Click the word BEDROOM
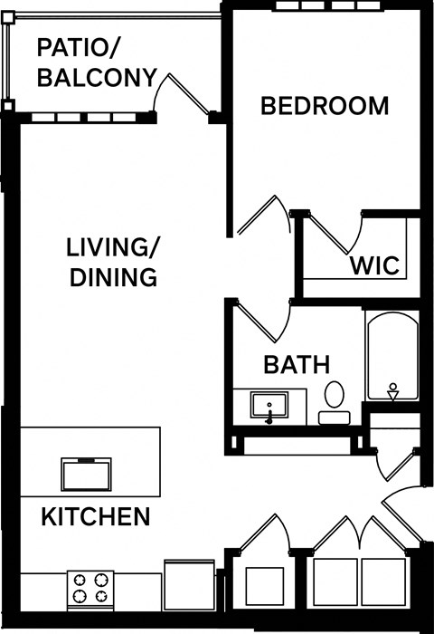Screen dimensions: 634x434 click(x=325, y=106)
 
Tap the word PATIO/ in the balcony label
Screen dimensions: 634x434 click(x=80, y=47)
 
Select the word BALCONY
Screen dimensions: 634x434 click(x=97, y=78)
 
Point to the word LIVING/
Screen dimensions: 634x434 click(x=113, y=246)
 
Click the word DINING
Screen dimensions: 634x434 click(x=113, y=277)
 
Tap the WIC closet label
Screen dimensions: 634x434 click(x=374, y=266)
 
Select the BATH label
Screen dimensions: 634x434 click(x=296, y=365)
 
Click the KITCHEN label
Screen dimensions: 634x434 click(x=96, y=517)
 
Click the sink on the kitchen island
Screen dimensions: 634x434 click(x=86, y=474)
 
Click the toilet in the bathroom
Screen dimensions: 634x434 click(x=334, y=402)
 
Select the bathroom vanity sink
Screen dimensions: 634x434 click(x=269, y=405)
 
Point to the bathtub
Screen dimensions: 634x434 click(x=392, y=358)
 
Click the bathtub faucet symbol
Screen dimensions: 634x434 click(x=393, y=391)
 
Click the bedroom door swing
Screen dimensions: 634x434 click(x=265, y=217)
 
